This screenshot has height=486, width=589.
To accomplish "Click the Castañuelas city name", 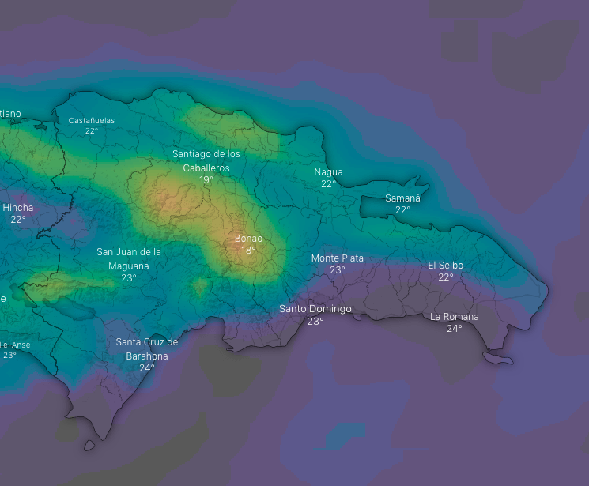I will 92,120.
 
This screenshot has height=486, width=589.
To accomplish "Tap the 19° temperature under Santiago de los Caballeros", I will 206,180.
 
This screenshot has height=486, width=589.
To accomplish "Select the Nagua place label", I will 328,171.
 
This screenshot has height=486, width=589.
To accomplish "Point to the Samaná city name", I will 402,198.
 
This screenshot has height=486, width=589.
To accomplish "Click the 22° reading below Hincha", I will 18,219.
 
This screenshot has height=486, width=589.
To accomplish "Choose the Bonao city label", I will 248,238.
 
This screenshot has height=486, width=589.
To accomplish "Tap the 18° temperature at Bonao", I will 248,250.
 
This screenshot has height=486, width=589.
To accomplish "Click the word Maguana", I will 129,266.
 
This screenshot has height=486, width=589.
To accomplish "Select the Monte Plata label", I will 338,258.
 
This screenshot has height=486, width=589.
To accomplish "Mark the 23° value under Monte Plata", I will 338,269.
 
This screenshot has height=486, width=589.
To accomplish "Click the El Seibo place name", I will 446,265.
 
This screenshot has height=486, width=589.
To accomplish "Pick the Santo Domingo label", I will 315,308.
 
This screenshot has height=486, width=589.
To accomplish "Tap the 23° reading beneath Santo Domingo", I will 315,321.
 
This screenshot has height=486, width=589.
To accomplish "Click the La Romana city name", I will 455,316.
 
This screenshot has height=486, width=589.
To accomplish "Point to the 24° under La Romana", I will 455,328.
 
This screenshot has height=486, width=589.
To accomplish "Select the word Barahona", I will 147,356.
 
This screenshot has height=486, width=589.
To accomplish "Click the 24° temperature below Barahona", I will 147,367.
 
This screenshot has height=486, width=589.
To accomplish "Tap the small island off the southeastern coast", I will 499,359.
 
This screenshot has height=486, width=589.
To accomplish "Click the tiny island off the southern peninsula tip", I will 89,446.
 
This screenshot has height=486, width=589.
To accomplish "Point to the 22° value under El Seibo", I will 446,277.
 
